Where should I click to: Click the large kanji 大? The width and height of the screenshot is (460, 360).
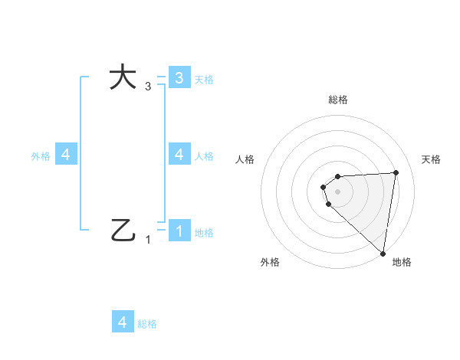(x=123, y=77)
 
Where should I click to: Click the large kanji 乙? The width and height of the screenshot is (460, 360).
(x=123, y=230)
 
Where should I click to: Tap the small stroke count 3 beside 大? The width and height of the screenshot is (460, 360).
(x=148, y=87)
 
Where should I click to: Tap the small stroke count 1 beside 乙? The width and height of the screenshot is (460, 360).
(x=148, y=240)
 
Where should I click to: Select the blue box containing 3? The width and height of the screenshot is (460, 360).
(x=179, y=77)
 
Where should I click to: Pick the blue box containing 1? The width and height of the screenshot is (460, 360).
(x=179, y=230)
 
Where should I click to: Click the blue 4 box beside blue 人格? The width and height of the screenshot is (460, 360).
(x=179, y=154)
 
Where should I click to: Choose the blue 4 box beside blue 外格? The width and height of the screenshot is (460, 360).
(x=66, y=155)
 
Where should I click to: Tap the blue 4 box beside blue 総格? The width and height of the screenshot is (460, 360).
(x=123, y=322)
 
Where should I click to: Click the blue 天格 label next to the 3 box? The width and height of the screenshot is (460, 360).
(x=204, y=79)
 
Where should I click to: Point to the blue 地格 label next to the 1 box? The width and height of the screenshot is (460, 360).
(x=204, y=232)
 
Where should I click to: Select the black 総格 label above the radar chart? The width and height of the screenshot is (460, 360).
(x=338, y=100)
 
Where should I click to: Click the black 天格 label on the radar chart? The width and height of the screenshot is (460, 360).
(x=431, y=159)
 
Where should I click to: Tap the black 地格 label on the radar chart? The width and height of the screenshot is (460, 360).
(x=402, y=262)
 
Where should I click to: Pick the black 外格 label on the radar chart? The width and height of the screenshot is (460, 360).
(x=270, y=262)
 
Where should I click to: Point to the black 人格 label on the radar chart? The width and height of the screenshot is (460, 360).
(x=245, y=159)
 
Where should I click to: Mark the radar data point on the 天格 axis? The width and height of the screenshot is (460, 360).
(x=396, y=172)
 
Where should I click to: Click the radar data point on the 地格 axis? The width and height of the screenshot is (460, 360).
(x=383, y=253)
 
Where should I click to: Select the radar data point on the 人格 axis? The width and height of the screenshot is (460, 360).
(x=324, y=187)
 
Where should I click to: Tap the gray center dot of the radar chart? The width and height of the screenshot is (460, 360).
(x=338, y=191)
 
